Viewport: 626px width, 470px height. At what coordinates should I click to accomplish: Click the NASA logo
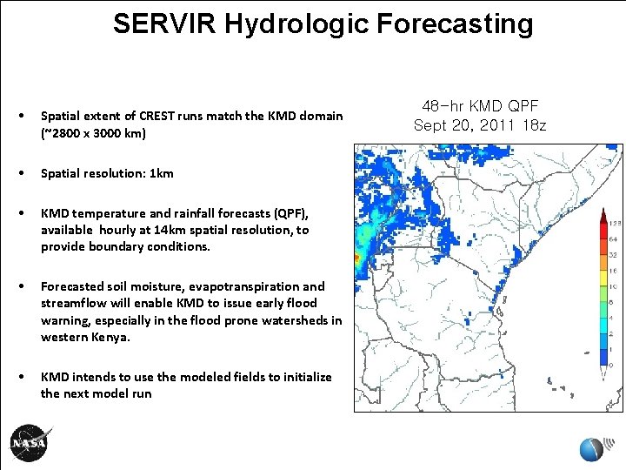[30, 443]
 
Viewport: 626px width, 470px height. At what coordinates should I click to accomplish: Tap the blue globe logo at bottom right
[591, 446]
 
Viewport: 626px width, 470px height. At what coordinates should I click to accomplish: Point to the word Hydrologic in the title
[298, 23]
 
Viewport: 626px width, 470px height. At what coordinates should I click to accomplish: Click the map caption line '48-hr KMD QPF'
[479, 105]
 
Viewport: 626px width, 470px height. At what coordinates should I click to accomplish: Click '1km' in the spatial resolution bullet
[162, 173]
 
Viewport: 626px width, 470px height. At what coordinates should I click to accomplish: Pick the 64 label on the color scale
[613, 240]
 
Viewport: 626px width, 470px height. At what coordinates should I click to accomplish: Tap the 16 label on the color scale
[613, 272]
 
